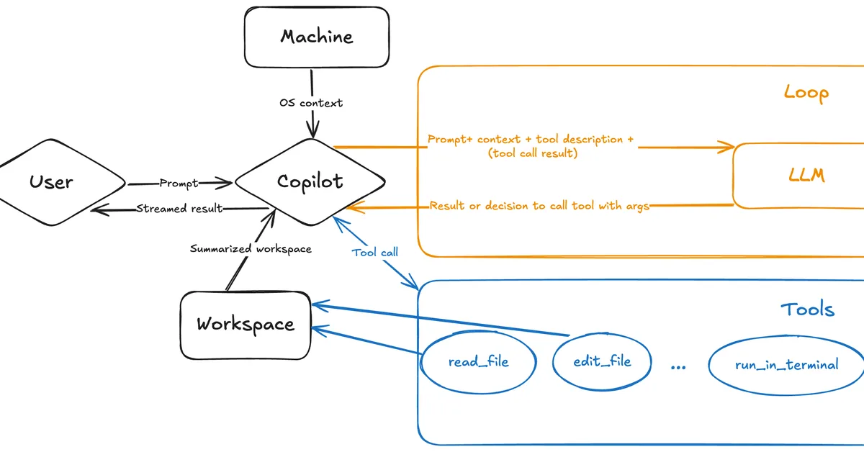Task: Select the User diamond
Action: (52, 181)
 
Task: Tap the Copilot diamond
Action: (310, 181)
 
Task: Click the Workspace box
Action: (246, 325)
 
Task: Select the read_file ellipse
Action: (478, 361)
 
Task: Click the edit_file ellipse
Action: (602, 361)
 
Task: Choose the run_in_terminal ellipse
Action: (786, 365)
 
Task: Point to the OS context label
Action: (311, 103)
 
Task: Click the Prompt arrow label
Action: (178, 184)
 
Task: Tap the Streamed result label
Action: (179, 209)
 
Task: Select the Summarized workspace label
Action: (251, 249)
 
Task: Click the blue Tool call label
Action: (375, 253)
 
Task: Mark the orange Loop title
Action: (806, 93)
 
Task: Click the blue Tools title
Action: (807, 309)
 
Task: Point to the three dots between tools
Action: (678, 366)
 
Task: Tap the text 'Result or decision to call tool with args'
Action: (540, 206)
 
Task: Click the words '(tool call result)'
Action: (532, 153)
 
